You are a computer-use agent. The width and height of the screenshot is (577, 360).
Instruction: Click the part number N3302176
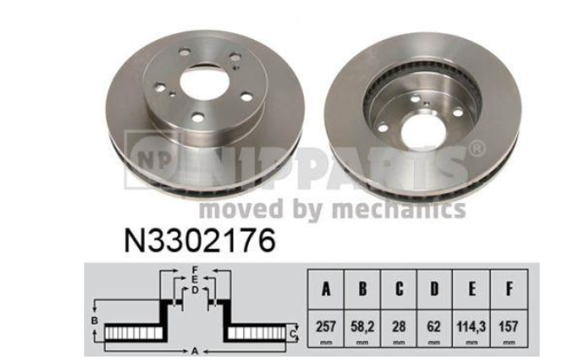tap(200, 241)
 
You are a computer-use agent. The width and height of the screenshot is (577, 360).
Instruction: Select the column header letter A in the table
tap(326, 289)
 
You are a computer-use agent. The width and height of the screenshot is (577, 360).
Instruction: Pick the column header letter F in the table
tap(509, 289)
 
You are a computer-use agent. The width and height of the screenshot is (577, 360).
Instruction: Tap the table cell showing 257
tap(326, 326)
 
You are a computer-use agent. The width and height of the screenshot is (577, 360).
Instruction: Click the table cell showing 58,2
tap(363, 326)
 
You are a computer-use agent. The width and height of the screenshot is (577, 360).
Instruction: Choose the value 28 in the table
tap(399, 326)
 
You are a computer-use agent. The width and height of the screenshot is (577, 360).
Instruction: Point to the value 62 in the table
tap(434, 326)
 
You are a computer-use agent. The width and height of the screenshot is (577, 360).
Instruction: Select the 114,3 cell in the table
tap(471, 326)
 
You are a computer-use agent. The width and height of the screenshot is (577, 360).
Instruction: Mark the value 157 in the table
tap(508, 326)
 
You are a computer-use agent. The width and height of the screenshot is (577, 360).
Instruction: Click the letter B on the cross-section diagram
tap(95, 321)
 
